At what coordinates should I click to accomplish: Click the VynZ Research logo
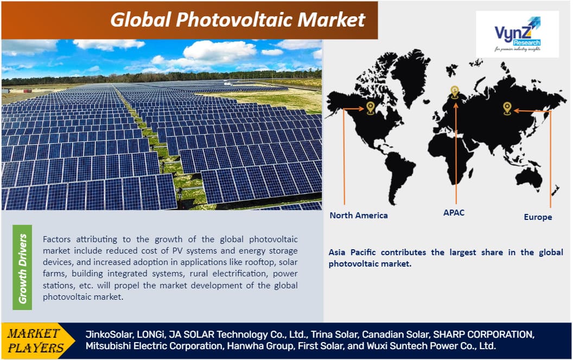click(517, 34)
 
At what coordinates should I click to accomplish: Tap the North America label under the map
click(359, 216)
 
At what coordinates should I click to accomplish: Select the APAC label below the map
click(454, 213)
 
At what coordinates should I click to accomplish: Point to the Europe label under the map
click(538, 217)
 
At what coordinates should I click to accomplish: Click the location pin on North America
click(371, 108)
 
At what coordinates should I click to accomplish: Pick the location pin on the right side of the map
click(507, 108)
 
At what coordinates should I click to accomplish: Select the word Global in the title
click(139, 20)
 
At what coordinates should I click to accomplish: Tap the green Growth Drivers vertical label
click(22, 267)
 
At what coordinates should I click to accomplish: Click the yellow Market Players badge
click(34, 340)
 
